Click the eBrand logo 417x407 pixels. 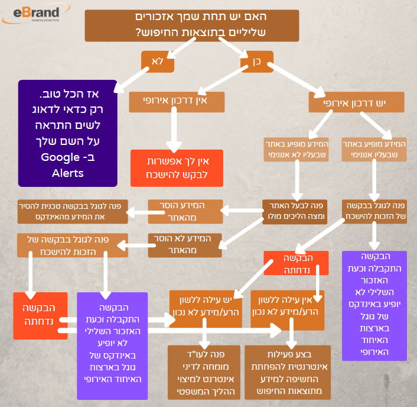(x=36, y=14)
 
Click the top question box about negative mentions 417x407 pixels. (x=192, y=25)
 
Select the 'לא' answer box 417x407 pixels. (x=158, y=62)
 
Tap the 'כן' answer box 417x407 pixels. (x=257, y=62)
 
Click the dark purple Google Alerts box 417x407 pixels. (x=67, y=133)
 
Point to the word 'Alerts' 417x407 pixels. (x=67, y=173)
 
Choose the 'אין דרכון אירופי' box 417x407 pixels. (x=177, y=102)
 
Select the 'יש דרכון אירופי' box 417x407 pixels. (x=356, y=102)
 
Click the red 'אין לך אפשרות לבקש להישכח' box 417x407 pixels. (x=177, y=168)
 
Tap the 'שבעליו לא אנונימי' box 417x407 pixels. (x=296, y=150)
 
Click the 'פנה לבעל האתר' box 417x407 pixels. (x=295, y=212)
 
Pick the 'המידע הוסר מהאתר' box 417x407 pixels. (x=185, y=212)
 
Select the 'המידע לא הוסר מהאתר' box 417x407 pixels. (x=185, y=246)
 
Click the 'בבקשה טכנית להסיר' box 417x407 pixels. (x=73, y=212)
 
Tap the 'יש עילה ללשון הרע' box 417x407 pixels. (x=206, y=309)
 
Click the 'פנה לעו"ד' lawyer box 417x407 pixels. (x=204, y=372)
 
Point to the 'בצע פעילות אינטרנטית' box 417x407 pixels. (x=288, y=372)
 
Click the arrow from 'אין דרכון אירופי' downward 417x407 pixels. (x=174, y=129)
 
